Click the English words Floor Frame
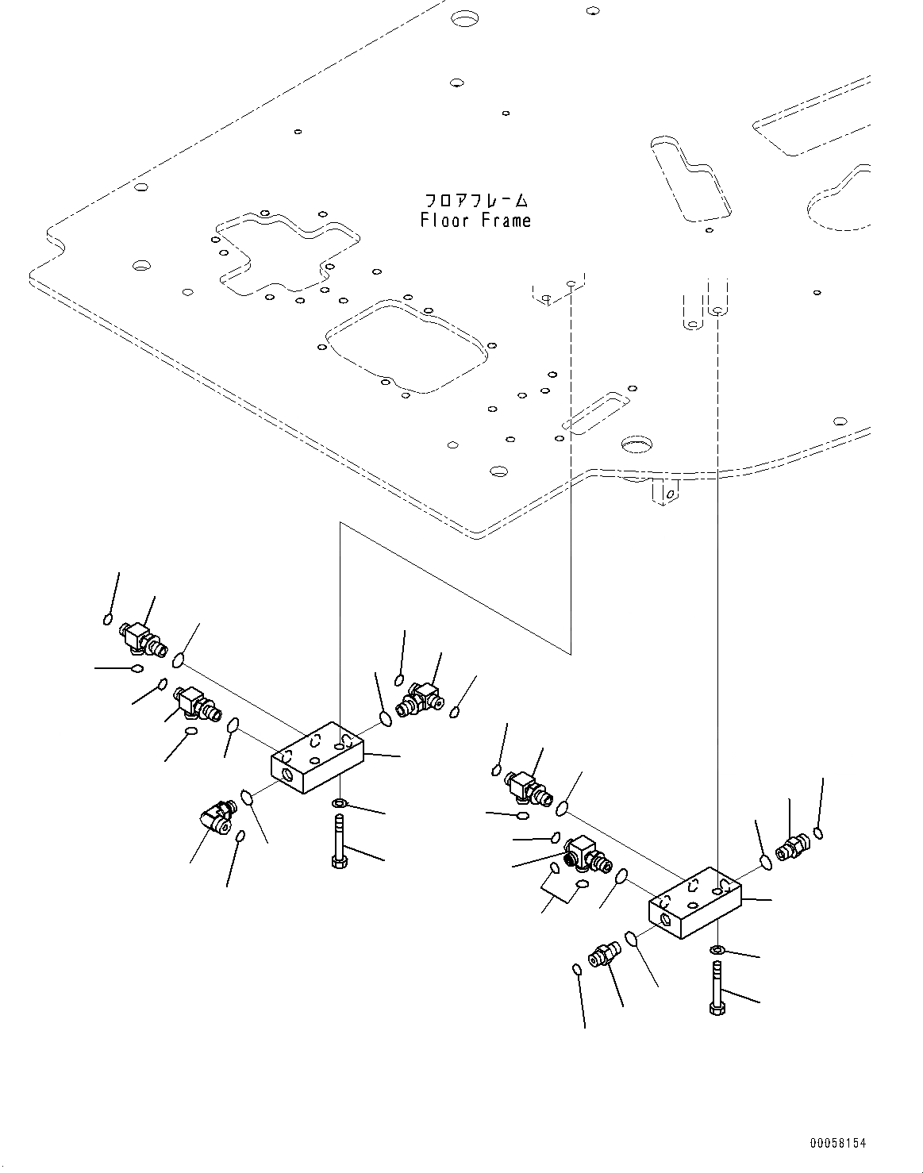[x=475, y=220]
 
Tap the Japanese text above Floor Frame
[x=475, y=199]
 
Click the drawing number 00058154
[x=837, y=1144]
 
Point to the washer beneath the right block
[x=717, y=949]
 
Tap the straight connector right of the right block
[x=791, y=848]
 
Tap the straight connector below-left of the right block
[x=603, y=955]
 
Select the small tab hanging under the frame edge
[x=664, y=492]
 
